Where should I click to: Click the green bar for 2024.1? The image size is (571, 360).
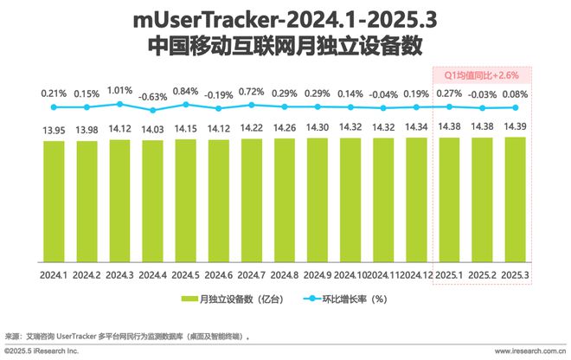point(54,199)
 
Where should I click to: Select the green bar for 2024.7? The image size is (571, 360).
point(251,198)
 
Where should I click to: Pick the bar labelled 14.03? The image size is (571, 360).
point(152,199)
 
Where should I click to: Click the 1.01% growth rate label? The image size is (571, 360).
point(119,90)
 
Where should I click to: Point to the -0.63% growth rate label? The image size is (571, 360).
point(152,96)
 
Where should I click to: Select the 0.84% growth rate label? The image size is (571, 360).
point(185,90)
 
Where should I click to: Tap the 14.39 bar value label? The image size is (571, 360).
point(515,125)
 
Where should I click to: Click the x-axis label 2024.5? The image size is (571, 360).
point(185,274)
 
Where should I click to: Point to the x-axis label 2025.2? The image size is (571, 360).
point(482,274)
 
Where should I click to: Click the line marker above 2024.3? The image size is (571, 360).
point(119,104)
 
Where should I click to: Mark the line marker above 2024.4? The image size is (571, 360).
point(152,110)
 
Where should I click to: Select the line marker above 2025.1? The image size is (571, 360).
point(449,107)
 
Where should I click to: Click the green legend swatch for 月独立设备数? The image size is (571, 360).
point(189,299)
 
